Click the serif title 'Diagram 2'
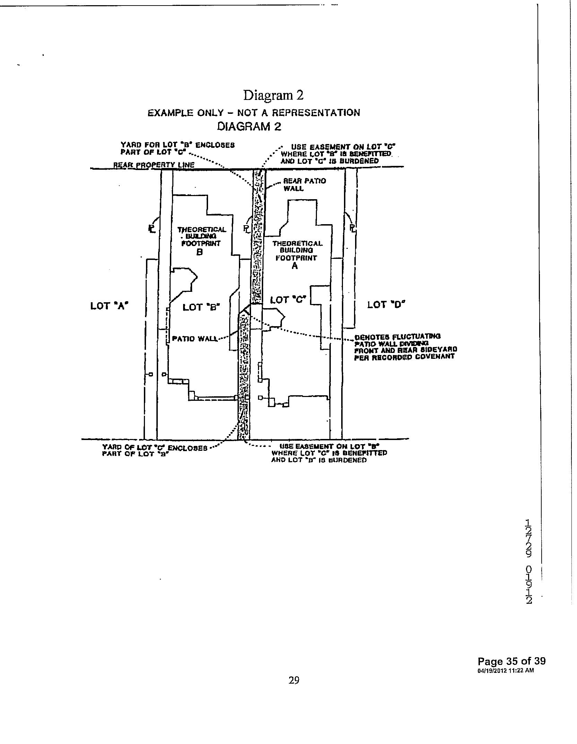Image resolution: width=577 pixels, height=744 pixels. (273, 95)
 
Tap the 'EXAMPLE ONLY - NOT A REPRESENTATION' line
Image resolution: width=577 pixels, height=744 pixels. (254, 113)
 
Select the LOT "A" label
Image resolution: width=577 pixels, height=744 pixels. (110, 306)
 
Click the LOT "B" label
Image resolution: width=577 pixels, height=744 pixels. (201, 307)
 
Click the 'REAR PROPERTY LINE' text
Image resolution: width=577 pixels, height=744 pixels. (154, 165)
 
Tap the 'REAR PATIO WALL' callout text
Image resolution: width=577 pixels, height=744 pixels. (304, 185)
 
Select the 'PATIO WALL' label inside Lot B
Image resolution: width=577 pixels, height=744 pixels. (195, 339)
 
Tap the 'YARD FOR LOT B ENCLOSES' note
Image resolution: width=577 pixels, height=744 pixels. (178, 148)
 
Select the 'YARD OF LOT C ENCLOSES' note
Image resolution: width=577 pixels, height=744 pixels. (154, 450)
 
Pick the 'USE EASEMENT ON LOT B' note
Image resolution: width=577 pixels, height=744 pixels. (328, 453)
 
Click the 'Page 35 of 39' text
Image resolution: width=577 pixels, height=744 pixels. (511, 661)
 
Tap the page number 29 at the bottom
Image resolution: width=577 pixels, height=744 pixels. (294, 680)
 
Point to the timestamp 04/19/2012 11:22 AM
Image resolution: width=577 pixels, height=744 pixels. (505, 670)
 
